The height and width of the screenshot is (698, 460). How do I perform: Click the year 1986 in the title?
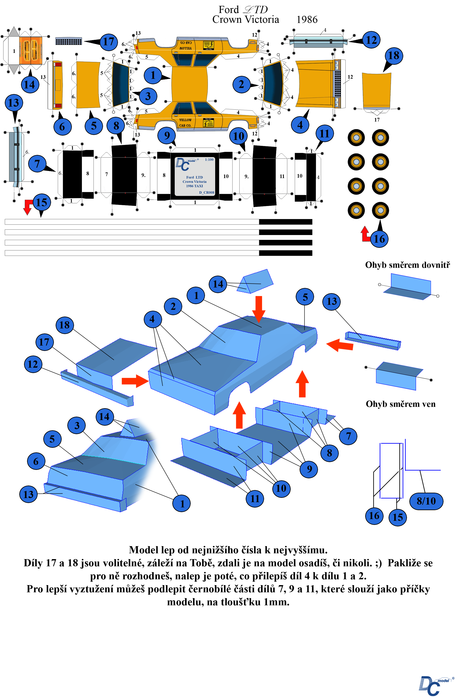[x=307, y=20]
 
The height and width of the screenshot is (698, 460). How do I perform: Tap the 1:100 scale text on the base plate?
[x=209, y=160]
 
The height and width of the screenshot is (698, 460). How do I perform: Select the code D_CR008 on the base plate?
[x=207, y=193]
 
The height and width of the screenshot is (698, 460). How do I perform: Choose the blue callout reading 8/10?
[x=426, y=501]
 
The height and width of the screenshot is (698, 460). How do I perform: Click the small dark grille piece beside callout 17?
[x=69, y=41]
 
